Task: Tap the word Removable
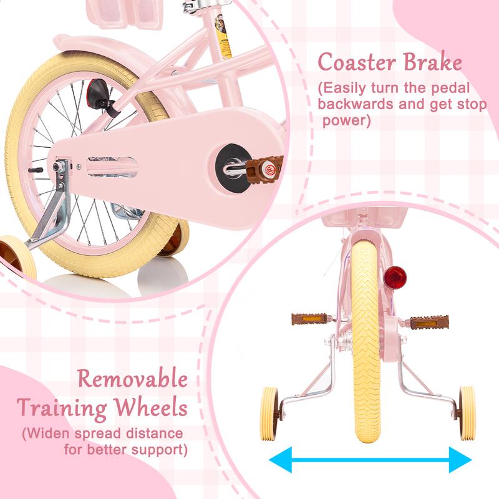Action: coord(133,379)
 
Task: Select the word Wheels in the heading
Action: coord(151,407)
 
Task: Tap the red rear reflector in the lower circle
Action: coord(395,278)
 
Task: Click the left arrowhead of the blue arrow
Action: coord(280,460)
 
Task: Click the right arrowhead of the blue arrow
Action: coord(460,460)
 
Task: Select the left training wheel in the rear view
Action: coord(269,414)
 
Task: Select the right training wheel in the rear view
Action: coord(467,414)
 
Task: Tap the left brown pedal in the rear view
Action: coord(309,319)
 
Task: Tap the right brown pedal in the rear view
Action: coord(429,322)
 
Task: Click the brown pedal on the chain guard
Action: coord(264,169)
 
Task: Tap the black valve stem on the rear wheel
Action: coord(36,170)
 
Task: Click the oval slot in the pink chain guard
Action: coord(112,166)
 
